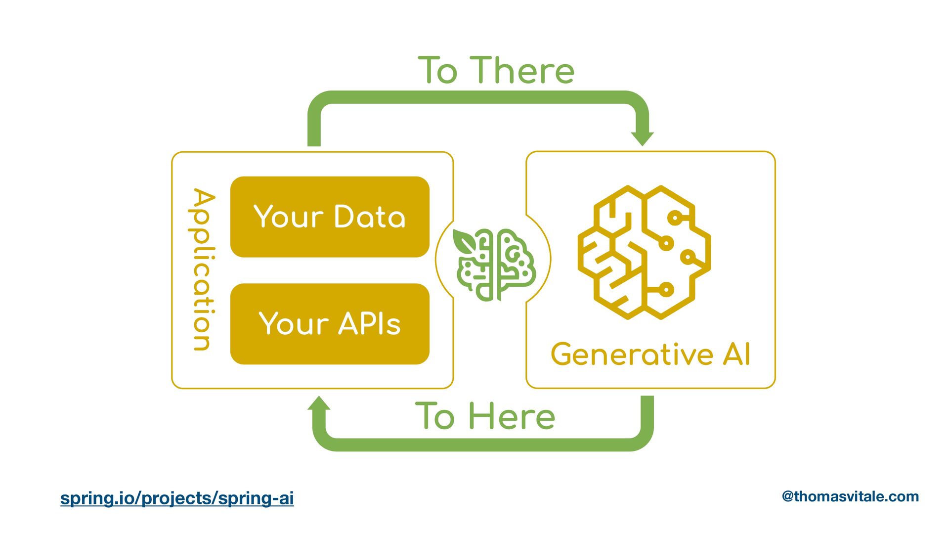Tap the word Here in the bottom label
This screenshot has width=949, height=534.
[x=512, y=416]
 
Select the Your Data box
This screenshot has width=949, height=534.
[x=330, y=217]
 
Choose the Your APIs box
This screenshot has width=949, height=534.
[x=330, y=324]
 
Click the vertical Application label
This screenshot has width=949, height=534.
[x=203, y=269]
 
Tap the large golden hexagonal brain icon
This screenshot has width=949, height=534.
[x=644, y=252]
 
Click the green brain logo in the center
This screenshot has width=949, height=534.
[x=494, y=265]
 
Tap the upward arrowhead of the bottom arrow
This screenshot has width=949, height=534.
[x=319, y=404]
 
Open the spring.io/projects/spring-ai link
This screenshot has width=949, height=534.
[x=177, y=498]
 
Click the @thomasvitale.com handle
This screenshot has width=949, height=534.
[x=850, y=496]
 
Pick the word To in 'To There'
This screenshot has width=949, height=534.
[x=438, y=70]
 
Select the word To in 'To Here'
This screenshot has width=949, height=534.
[x=435, y=416]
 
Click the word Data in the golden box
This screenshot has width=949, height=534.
[x=370, y=217]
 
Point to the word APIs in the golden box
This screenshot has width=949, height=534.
[x=370, y=324]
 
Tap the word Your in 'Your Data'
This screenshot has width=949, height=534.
[x=289, y=217]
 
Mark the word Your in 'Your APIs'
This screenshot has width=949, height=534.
[x=294, y=324]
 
